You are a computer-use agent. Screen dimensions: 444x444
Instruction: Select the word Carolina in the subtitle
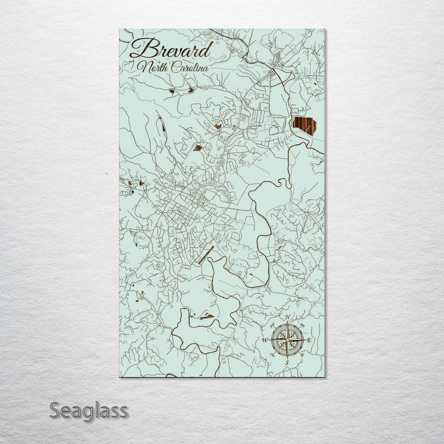tap(190, 67)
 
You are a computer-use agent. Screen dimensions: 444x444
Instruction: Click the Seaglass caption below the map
tap(88, 411)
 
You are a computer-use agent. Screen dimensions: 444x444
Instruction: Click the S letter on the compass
tap(287, 363)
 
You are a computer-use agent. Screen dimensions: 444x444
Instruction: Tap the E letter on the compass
tap(310, 340)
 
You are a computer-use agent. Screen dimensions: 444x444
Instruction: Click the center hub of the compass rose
tap(287, 340)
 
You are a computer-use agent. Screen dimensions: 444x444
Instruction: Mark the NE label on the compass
tap(303, 325)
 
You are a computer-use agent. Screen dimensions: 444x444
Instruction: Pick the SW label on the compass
tap(272, 355)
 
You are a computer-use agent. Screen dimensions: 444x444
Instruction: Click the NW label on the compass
tap(272, 325)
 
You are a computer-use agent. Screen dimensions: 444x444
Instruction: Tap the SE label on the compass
tap(303, 355)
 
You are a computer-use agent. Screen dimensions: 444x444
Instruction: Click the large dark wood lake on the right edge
tap(305, 126)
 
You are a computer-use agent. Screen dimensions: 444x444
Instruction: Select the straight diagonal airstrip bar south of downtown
tap(206, 255)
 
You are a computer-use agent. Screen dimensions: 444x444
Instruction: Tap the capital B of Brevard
tap(141, 49)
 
